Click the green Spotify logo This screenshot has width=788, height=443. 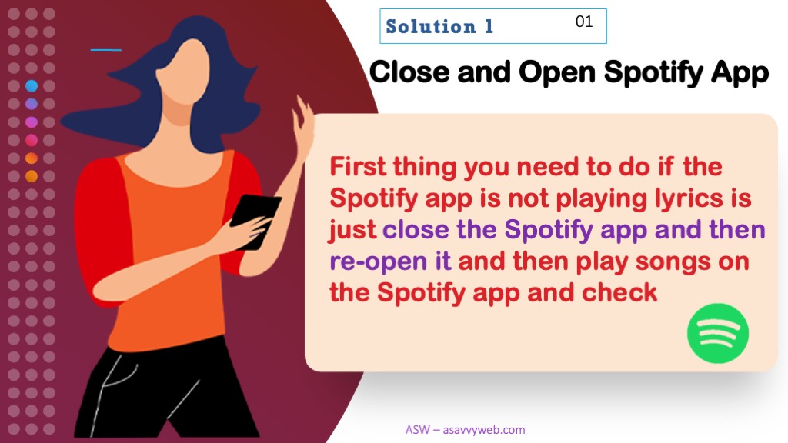coord(718,334)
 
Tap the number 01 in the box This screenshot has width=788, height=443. coord(584,22)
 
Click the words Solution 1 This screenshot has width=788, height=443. coord(439,26)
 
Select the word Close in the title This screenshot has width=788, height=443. coord(410,72)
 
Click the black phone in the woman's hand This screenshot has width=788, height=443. coord(255,221)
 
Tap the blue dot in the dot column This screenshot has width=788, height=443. coord(31,86)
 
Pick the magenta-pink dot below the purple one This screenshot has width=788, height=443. coord(31,122)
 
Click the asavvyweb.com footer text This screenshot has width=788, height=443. coord(466,430)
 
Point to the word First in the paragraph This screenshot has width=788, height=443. coord(358,166)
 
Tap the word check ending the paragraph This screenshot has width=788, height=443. coord(619,292)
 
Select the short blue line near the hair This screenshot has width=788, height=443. coord(106,50)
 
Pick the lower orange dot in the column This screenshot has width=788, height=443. coord(31,176)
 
